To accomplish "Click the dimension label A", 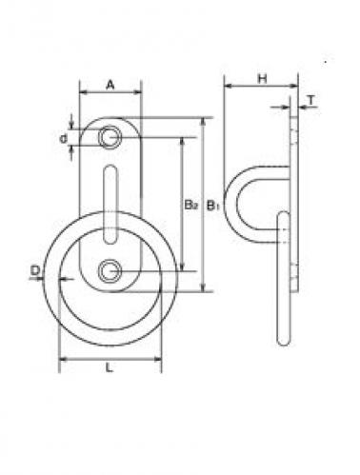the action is tap(110, 85).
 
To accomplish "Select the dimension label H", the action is tap(262, 79).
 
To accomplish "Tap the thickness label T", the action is tap(311, 100).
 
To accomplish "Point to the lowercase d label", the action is tap(64, 138).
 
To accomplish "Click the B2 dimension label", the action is tap(191, 205).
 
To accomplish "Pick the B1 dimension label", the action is tap(213, 205).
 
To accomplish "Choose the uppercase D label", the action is tap(35, 270).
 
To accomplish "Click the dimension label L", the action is tap(110, 367).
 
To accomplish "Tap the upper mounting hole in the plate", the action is tap(110, 137).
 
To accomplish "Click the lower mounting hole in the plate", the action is tap(110, 271).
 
